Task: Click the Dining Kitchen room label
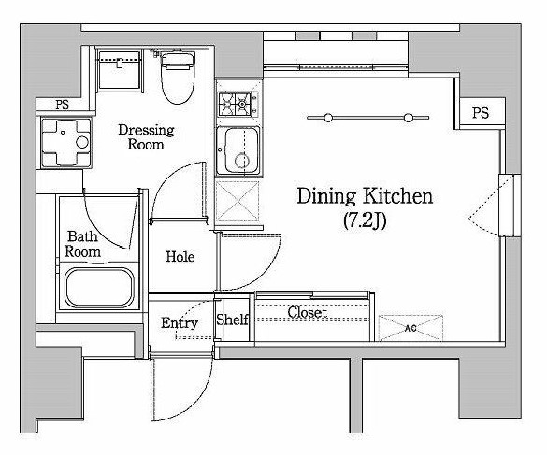tap(365, 196)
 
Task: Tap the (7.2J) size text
tap(365, 220)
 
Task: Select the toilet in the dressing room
tap(178, 78)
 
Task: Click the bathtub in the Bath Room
tap(100, 288)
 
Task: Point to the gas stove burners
tap(235, 104)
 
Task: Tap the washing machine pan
tap(66, 143)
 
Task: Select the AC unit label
tap(411, 328)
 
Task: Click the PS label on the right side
tap(481, 113)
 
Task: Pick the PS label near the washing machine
tap(62, 105)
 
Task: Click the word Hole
tap(180, 257)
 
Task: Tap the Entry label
tap(180, 323)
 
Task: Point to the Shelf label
tap(232, 320)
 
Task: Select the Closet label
tap(308, 312)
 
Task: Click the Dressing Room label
tap(146, 136)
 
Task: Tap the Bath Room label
tap(82, 244)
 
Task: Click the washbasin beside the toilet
tap(120, 71)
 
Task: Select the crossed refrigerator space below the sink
tap(238, 201)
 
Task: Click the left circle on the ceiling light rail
tap(328, 118)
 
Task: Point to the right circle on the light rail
tap(409, 118)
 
